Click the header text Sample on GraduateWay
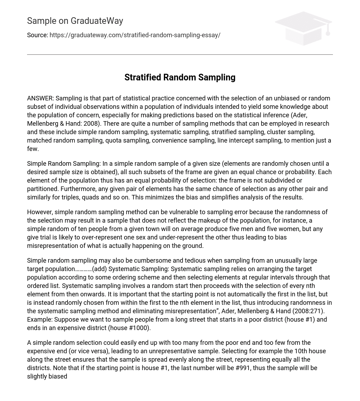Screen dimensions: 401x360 tap(75, 21)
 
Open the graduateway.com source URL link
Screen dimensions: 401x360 tap(135, 35)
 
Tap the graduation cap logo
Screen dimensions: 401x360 tap(303, 28)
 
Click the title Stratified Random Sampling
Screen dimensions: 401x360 tap(180, 77)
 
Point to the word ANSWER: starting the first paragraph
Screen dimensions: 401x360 tap(40, 98)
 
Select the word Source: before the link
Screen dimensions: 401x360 tap(37, 35)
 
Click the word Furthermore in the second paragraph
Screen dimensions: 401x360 tap(78, 189)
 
